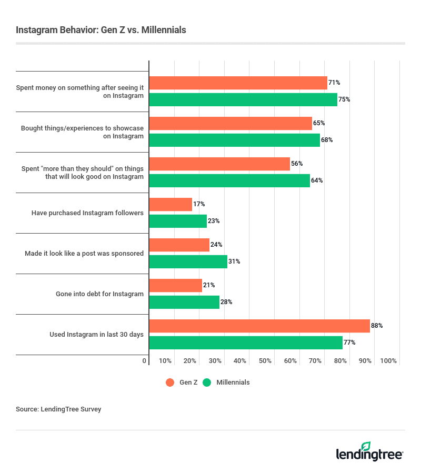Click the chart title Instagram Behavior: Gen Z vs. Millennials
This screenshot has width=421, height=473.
tap(101, 30)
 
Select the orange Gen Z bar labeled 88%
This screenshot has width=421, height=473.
tap(259, 326)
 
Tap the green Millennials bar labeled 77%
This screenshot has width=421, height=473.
tap(246, 343)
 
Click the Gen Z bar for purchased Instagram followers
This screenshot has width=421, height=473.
tap(171, 204)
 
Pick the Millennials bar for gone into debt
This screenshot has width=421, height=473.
tap(184, 302)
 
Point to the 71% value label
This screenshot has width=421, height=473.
tap(334, 83)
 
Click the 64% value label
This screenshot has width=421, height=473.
tap(317, 180)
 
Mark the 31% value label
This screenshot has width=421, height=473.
tap(234, 261)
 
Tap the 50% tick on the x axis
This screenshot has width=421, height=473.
tap(265, 361)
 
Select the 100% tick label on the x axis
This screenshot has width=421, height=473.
tap(388, 361)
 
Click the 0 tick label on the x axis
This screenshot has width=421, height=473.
tap(145, 361)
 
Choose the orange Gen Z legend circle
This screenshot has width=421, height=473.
tap(170, 383)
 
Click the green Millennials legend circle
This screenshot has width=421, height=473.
tap(207, 383)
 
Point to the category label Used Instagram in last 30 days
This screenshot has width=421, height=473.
tap(96, 334)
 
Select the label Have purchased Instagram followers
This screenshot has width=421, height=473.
tap(87, 213)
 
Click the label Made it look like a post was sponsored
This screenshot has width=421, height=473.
tap(84, 253)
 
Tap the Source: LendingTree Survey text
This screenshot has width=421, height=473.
tap(58, 409)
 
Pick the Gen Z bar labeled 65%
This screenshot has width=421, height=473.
tap(230, 123)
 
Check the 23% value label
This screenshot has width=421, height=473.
tap(214, 221)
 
